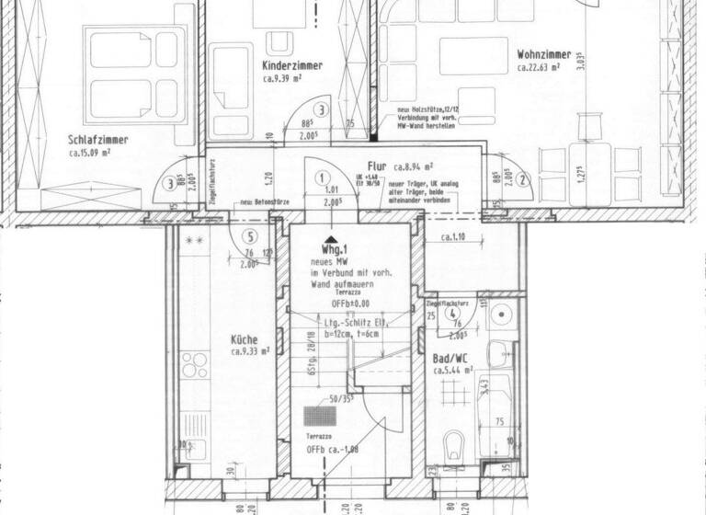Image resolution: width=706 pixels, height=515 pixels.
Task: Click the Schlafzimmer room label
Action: tap(97, 141)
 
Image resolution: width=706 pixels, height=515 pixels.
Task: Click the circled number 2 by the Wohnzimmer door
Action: tap(521, 180)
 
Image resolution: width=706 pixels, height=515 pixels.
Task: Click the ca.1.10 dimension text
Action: tap(454, 237)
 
